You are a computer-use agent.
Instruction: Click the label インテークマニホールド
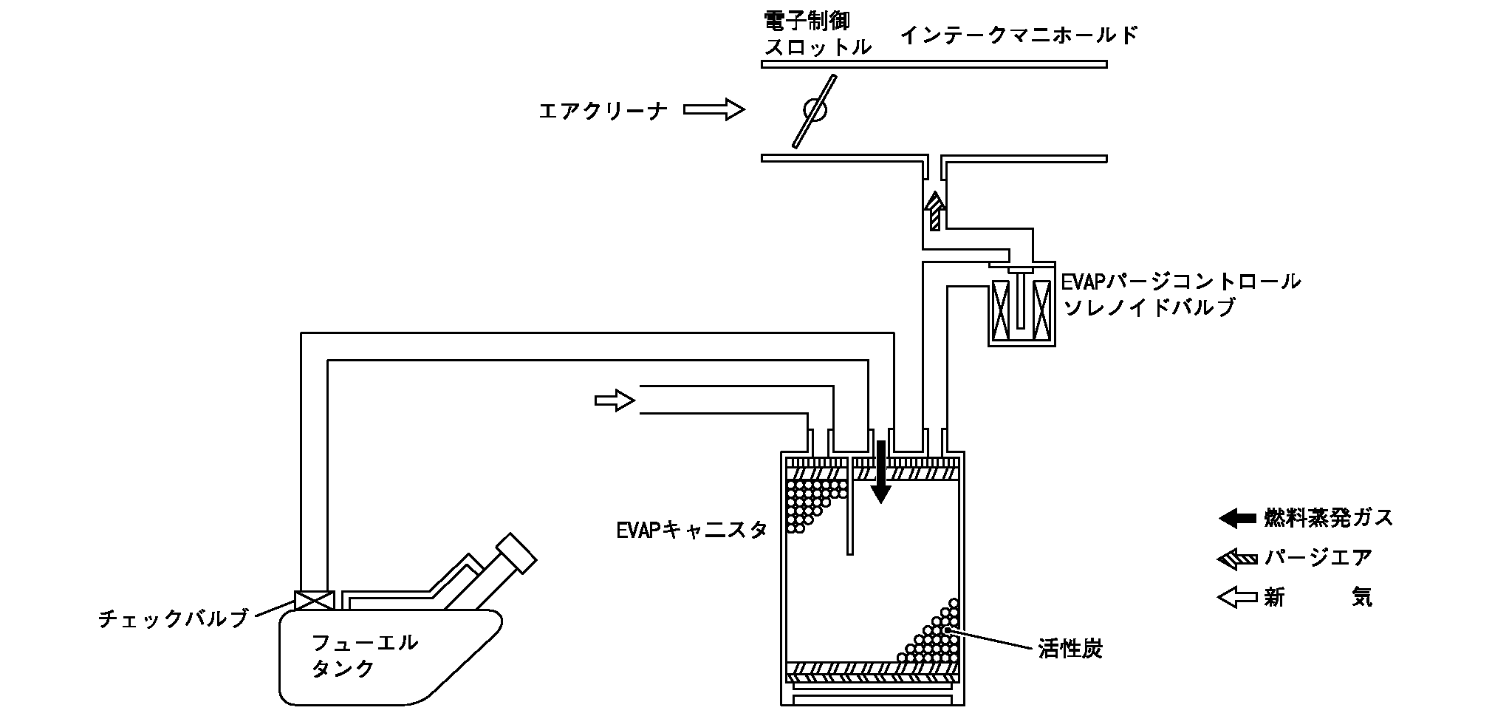(x=1019, y=35)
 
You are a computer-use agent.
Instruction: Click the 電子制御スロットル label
(x=817, y=34)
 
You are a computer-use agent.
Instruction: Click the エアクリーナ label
(x=603, y=111)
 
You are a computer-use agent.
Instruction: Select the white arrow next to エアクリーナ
(x=713, y=110)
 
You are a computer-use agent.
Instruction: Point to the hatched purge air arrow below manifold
(x=935, y=211)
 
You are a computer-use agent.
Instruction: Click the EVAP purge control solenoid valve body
(x=1022, y=304)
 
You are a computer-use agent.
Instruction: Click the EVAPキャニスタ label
(x=692, y=529)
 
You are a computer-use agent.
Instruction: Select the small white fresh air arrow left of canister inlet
(x=615, y=400)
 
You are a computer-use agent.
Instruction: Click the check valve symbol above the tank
(x=314, y=600)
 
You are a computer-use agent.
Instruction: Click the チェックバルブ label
(x=173, y=618)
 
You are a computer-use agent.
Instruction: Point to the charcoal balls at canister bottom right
(x=934, y=639)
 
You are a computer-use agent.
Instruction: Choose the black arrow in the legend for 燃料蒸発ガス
(x=1237, y=518)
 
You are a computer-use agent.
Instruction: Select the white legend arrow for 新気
(x=1237, y=597)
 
